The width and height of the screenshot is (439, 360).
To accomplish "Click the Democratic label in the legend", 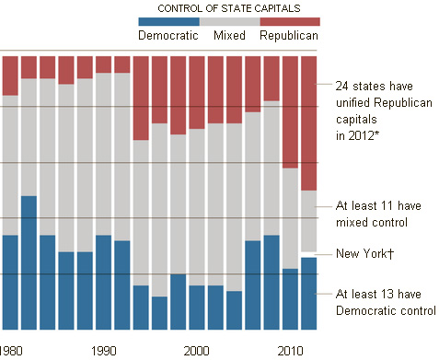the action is (x=168, y=35).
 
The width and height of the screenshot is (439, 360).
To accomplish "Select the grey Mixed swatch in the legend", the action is (x=230, y=21).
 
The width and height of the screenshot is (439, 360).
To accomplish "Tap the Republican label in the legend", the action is (x=289, y=35).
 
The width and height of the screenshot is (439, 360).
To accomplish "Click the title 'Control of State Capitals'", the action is (x=229, y=8).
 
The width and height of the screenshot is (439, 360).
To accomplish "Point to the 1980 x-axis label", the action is (x=11, y=351).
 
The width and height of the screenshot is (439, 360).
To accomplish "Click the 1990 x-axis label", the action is (x=104, y=351).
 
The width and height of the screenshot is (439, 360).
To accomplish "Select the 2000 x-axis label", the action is (x=196, y=351).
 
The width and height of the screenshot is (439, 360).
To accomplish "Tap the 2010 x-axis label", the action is (x=290, y=351).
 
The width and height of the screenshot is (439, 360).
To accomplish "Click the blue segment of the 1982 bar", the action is (x=29, y=262).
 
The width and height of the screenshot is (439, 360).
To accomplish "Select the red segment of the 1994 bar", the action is (x=141, y=99).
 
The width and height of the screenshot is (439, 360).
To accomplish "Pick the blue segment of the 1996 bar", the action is (x=159, y=313).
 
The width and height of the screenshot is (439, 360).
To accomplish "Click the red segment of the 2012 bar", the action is (x=308, y=123).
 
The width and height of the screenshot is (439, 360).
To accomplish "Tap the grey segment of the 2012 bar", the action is (x=308, y=221).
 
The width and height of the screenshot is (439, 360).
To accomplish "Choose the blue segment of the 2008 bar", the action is (x=271, y=283).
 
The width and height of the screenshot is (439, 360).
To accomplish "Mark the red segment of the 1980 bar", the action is (x=10, y=75).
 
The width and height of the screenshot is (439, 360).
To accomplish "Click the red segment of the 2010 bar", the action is (x=290, y=112).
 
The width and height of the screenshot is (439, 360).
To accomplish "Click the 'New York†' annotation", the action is (x=364, y=254).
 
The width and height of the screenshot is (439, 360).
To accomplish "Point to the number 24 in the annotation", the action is (x=341, y=86).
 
